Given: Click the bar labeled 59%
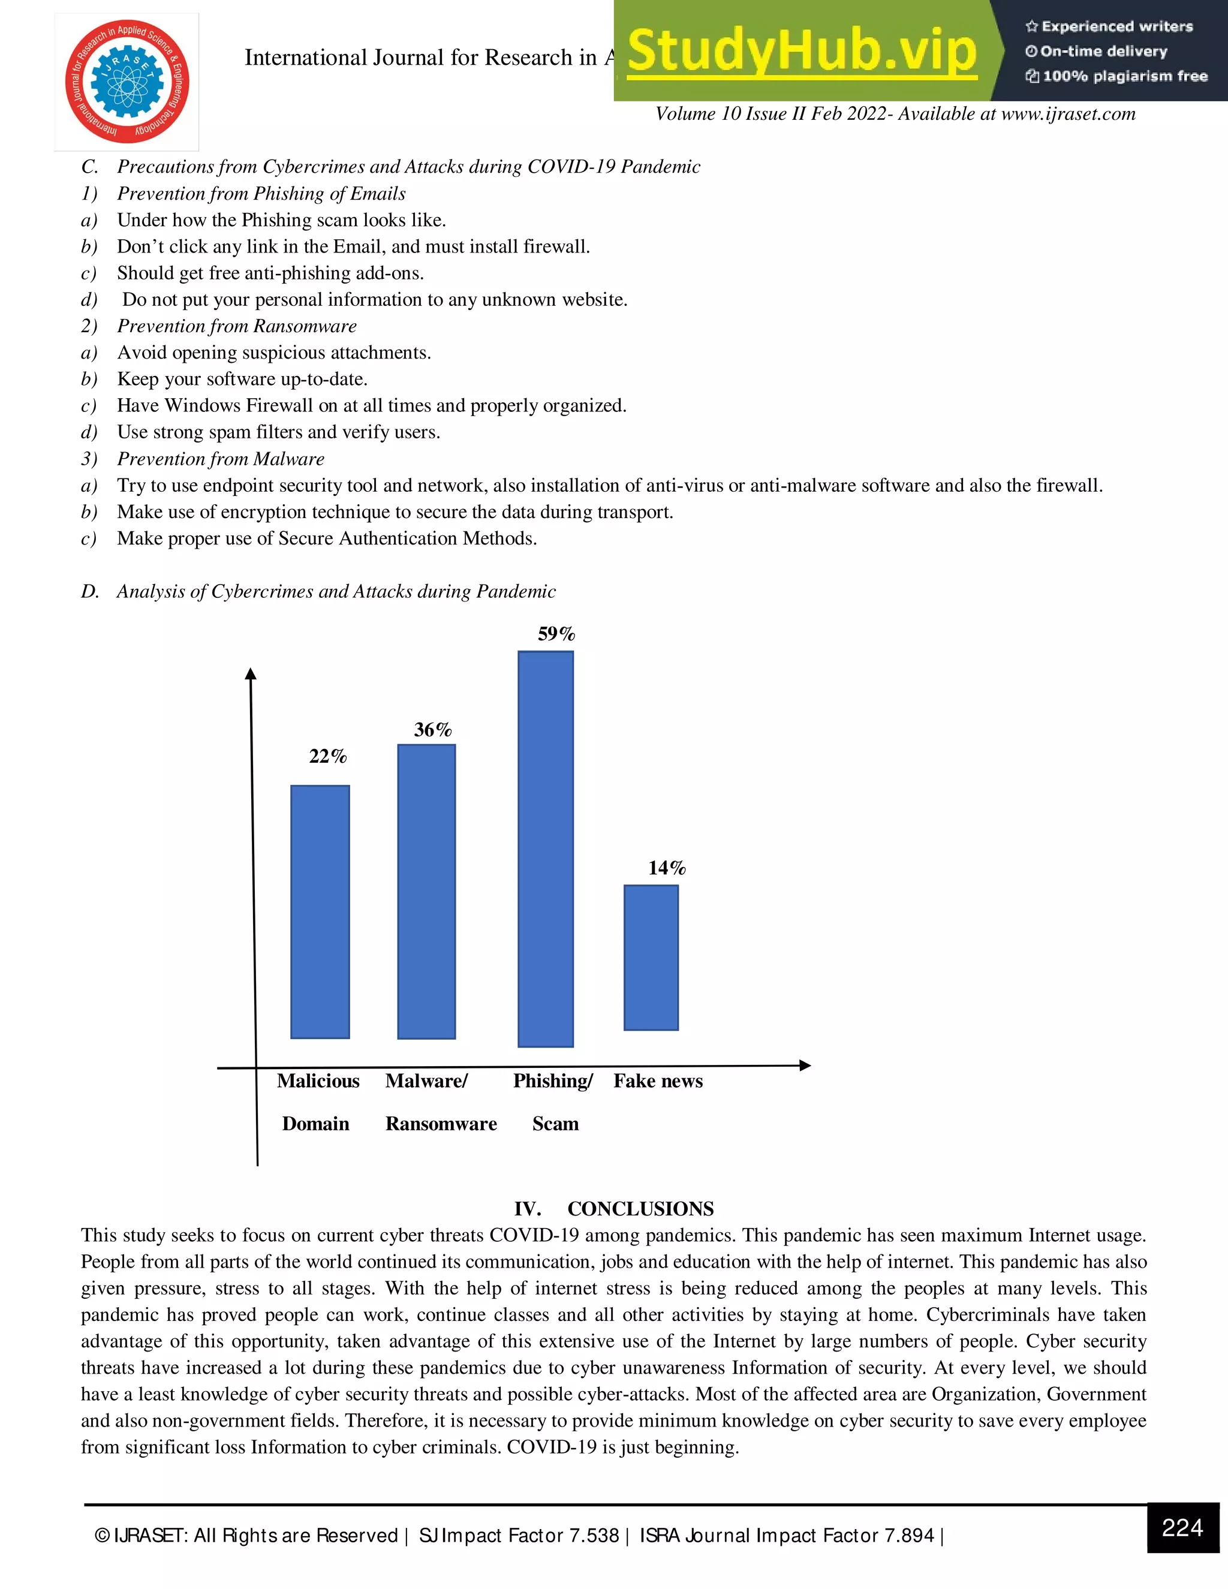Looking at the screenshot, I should (546, 848).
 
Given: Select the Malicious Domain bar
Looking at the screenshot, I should (320, 911).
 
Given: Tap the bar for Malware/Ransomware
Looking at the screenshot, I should (426, 891).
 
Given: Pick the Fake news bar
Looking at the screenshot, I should (651, 958).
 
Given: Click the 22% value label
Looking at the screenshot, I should (327, 757).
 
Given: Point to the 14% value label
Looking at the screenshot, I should (666, 868).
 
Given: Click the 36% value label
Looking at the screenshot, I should (433, 730).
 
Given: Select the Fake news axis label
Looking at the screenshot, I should (658, 1081).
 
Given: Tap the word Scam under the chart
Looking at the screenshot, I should (555, 1124).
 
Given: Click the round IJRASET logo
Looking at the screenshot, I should (127, 82).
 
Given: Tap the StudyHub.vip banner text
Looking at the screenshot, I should (801, 51).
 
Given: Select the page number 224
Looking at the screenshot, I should (1182, 1528).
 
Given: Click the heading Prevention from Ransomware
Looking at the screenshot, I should (236, 326).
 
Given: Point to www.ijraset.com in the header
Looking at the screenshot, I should (1068, 113).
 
